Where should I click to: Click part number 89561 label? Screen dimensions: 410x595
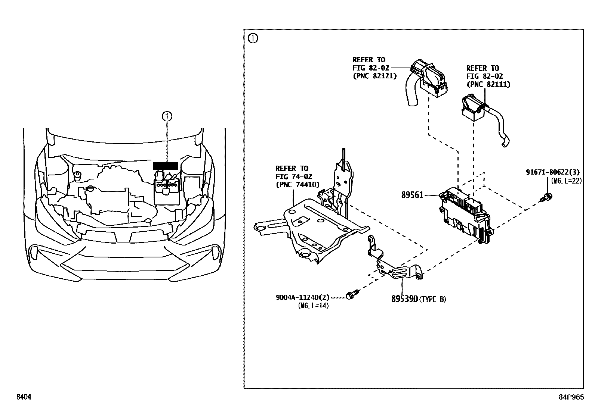pos(412,195)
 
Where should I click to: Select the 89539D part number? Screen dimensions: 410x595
pos(404,299)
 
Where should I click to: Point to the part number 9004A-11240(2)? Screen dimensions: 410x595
pos(303,297)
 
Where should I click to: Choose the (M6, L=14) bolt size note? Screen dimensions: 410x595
pos(313,306)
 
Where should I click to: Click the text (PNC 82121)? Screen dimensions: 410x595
pos(374,76)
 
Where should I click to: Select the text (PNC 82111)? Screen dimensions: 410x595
pos(488,85)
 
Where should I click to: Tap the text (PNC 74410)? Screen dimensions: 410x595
pos(297,184)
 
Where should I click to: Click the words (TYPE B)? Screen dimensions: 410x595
pos(432,299)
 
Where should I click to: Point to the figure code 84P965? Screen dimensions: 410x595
pos(571,397)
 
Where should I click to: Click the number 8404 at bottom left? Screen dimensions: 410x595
pos(23,397)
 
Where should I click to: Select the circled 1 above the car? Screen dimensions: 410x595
pos(167,116)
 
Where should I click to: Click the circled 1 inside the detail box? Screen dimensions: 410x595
pos(253,38)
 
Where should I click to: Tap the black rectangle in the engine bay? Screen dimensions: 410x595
pos(166,166)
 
